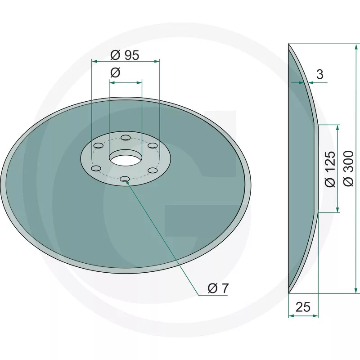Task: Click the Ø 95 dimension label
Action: click(x=125, y=55)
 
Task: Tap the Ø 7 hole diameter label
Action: click(x=218, y=288)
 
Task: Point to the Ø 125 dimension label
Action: click(x=330, y=169)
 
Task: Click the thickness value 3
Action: click(x=320, y=74)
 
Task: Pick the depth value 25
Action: click(x=303, y=307)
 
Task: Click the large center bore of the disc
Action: click(x=126, y=160)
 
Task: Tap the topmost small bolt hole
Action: click(x=126, y=138)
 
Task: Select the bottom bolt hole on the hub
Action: click(x=125, y=179)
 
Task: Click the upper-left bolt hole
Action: click(x=99, y=145)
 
